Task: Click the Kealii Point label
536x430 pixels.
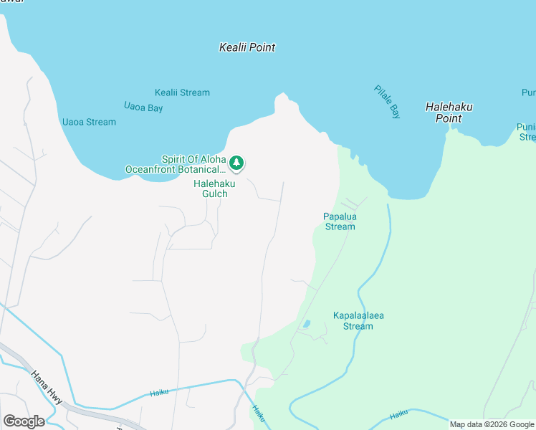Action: [247, 47]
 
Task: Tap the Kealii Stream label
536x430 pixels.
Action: [182, 92]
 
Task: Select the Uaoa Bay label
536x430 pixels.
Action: [143, 107]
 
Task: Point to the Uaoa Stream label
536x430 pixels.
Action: [89, 122]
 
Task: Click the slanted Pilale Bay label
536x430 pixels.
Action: [387, 102]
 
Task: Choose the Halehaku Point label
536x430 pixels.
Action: [449, 113]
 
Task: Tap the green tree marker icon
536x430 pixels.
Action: [236, 164]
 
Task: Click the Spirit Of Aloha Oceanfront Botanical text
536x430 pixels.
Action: [176, 164]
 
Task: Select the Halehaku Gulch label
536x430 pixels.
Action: [210, 188]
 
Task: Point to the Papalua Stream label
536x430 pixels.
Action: [340, 221]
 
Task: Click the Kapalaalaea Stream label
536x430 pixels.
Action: [353, 320]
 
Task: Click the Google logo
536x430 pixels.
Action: [24, 421]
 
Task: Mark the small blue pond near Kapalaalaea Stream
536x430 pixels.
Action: [307, 324]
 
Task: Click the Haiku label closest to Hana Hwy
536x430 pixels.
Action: [159, 393]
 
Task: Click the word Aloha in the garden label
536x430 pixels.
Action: [213, 159]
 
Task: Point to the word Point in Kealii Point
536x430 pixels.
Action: [263, 47]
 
